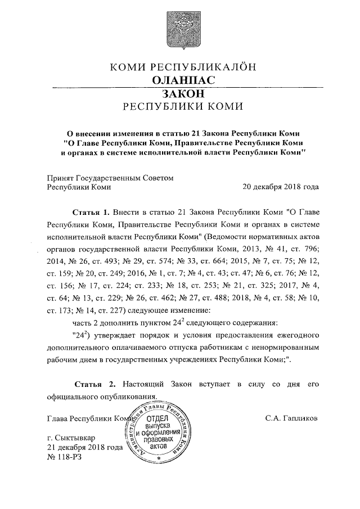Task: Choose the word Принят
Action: pyautogui.click(x=61, y=177)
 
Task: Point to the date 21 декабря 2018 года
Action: pyautogui.click(x=84, y=448)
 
